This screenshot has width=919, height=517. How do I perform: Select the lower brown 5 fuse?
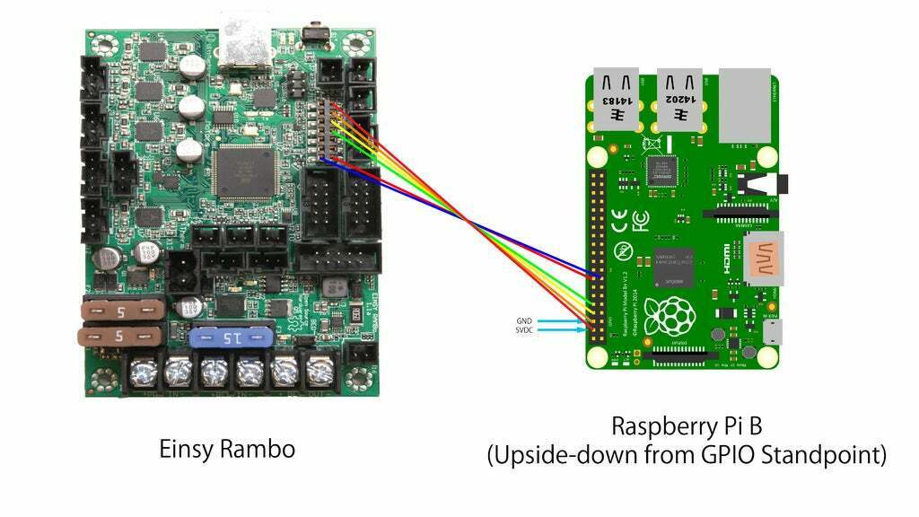point(120,337)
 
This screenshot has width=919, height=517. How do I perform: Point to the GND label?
point(525,320)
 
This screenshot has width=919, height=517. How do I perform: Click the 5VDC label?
point(523,330)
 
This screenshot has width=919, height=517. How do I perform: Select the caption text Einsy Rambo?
point(227,448)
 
